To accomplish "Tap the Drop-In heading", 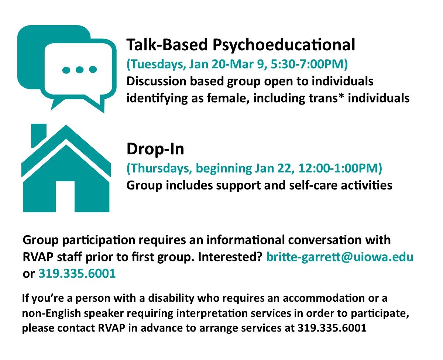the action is tap(155, 149).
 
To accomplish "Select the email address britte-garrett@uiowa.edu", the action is tap(339, 257).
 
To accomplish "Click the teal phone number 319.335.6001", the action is tap(77, 273).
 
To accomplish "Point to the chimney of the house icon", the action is tap(38, 135).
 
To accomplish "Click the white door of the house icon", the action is tap(65, 196).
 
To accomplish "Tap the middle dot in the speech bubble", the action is tap(79, 70).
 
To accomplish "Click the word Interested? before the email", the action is tap(231, 257).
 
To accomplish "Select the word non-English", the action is tap(51, 313).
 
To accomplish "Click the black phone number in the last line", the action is tap(332, 328).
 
